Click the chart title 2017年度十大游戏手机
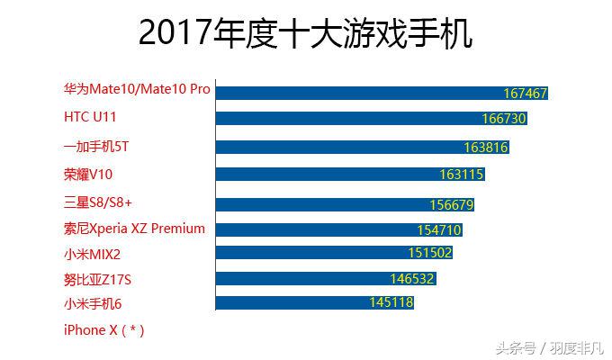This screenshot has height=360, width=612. pos(306,33)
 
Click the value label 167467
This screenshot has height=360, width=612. pos(526,93)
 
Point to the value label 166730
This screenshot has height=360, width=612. pos(504,118)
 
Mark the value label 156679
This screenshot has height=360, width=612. pos(452,204)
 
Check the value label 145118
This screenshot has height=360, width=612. pos(391,302)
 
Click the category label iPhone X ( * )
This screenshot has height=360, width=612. pos(103,330)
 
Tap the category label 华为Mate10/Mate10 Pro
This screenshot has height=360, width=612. pos(137,90)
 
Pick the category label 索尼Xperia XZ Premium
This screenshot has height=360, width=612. pos(134,229)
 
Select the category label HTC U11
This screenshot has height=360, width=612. pos(90,117)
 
